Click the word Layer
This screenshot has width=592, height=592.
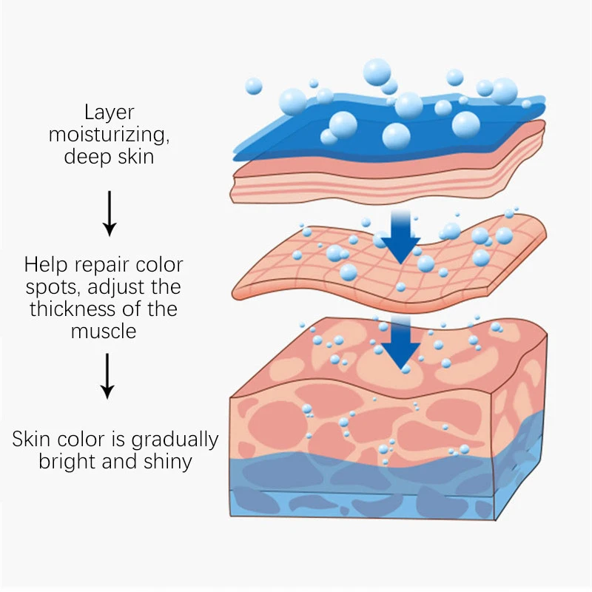[109, 113]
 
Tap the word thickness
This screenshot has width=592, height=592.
[104, 309]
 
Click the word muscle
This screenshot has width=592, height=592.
[104, 331]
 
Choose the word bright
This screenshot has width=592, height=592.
[66, 462]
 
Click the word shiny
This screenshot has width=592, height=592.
[166, 462]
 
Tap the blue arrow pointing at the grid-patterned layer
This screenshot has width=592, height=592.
[400, 237]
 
